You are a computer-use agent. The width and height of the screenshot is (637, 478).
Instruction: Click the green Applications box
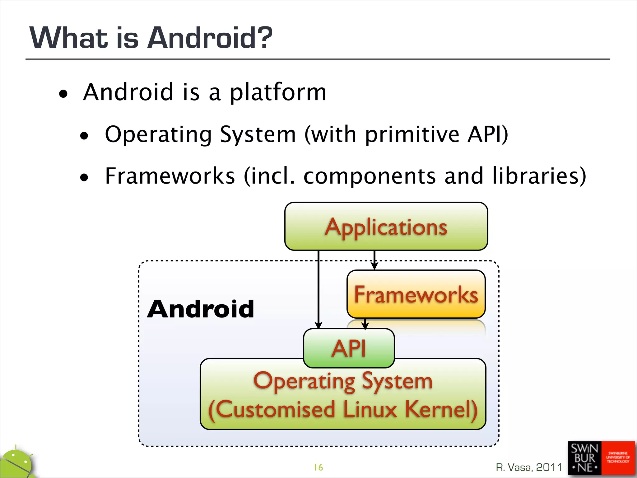pos(386,226)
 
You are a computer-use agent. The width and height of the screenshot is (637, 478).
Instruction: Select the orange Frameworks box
pos(416,294)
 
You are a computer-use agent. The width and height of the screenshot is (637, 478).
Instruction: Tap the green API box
pos(349,348)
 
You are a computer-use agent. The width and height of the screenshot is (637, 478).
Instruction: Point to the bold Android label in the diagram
pos(201,309)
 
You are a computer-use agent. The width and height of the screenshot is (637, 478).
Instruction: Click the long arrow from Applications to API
pos(318,289)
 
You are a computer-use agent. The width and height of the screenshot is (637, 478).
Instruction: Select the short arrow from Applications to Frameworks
pos(374,260)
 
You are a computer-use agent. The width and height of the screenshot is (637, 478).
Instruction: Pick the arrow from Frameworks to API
pos(365,324)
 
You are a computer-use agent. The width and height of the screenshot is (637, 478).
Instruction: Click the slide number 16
pos(318,467)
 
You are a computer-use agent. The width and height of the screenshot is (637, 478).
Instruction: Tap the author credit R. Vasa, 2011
pos(529,467)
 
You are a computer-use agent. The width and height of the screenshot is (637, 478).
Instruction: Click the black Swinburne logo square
pos(584,458)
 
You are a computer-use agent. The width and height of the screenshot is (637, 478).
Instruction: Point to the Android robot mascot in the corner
pos(17,464)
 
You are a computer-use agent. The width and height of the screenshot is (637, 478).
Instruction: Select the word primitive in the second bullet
pos(412,134)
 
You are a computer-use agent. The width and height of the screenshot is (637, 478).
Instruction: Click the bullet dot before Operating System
pos(84,136)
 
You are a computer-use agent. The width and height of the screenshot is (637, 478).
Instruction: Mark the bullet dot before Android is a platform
pos(63,94)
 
